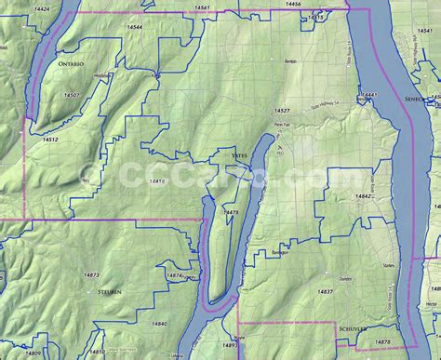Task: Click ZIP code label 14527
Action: pyautogui.click(x=281, y=111)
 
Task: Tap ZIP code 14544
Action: pyautogui.click(x=135, y=28)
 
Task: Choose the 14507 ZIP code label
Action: pyautogui.click(x=71, y=95)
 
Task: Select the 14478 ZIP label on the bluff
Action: pyautogui.click(x=232, y=213)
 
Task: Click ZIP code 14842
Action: pyautogui.click(x=363, y=196)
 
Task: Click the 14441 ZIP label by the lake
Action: pyautogui.click(x=370, y=95)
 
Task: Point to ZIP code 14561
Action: pyautogui.click(x=203, y=7)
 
